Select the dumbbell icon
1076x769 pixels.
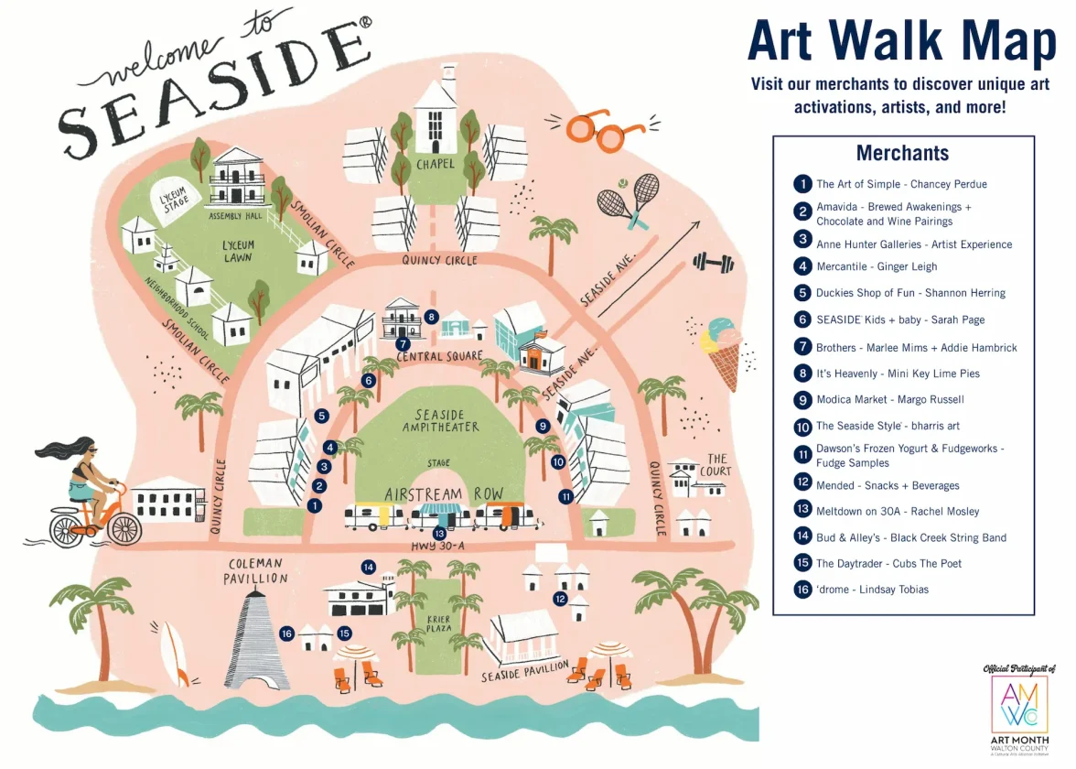pos(714,263)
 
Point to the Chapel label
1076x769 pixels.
pos(436,165)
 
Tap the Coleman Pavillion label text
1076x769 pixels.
pos(256,570)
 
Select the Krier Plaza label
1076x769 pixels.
pos(438,625)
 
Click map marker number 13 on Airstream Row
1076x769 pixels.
pos(440,533)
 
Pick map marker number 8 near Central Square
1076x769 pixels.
pos(432,317)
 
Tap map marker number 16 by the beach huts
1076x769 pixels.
pos(286,634)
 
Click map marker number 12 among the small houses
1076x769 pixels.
pos(560,599)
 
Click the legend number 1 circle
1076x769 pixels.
pos(802,184)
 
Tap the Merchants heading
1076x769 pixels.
pos(902,153)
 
